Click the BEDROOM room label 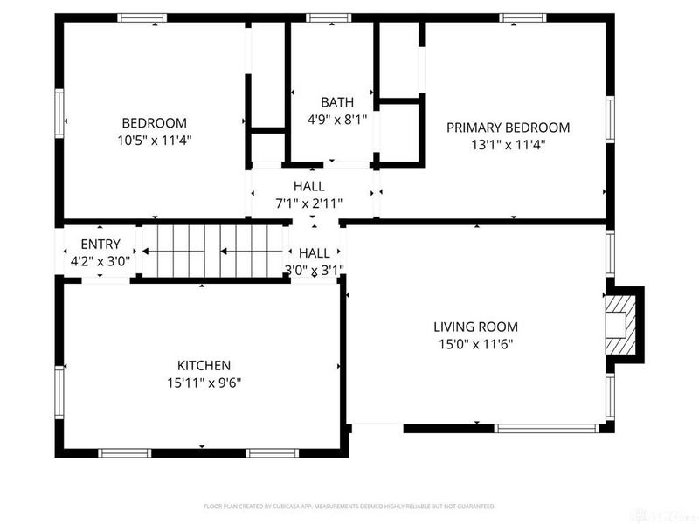click(x=154, y=123)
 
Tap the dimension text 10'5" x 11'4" click(x=154, y=140)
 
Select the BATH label click(x=337, y=102)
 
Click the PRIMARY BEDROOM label click(x=508, y=128)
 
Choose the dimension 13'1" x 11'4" click(x=508, y=144)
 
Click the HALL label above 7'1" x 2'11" click(x=308, y=186)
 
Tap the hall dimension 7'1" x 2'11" click(x=308, y=203)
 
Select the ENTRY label click(x=100, y=244)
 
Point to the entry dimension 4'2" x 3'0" click(x=100, y=260)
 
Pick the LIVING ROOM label click(x=474, y=327)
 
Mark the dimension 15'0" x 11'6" click(x=474, y=343)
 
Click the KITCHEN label click(x=204, y=365)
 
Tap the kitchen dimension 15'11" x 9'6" click(x=204, y=382)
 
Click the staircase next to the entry click(x=214, y=251)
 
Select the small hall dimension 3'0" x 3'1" click(x=315, y=270)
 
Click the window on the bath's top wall click(x=329, y=17)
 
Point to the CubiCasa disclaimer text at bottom click(x=349, y=506)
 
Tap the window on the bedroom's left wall click(x=59, y=114)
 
